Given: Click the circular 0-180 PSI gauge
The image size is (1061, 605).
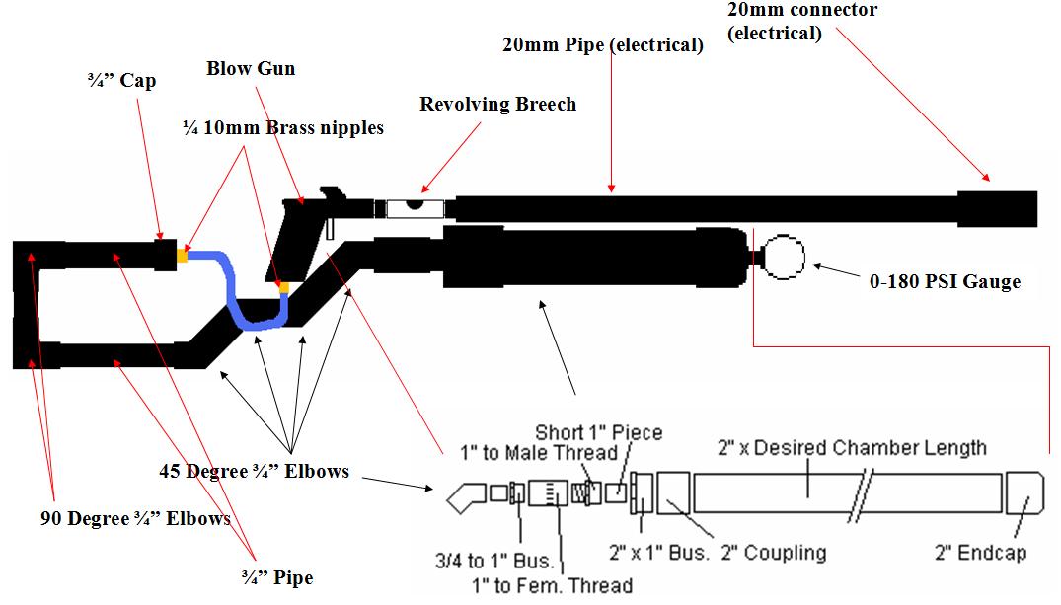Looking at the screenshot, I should [785, 257].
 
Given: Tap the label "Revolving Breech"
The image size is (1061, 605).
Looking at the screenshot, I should [497, 105].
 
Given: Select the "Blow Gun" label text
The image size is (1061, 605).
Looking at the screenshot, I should [251, 69].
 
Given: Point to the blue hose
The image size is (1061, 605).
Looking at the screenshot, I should [237, 296].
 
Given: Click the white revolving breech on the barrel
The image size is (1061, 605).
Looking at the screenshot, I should [416, 207].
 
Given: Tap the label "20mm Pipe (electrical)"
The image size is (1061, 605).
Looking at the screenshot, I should [602, 45].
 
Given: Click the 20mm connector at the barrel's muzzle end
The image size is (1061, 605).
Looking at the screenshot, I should [996, 208].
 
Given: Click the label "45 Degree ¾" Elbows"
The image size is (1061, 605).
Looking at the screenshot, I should [254, 471].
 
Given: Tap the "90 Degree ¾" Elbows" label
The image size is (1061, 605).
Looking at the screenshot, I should [135, 518].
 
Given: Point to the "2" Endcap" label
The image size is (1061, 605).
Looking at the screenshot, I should [991, 553].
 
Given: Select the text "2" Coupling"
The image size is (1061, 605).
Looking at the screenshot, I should [772, 553].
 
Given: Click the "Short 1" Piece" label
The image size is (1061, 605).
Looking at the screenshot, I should [598, 432].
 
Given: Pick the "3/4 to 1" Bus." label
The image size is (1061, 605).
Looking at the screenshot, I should [493, 561].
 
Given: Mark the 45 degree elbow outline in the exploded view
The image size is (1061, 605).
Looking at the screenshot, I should [463, 495].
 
